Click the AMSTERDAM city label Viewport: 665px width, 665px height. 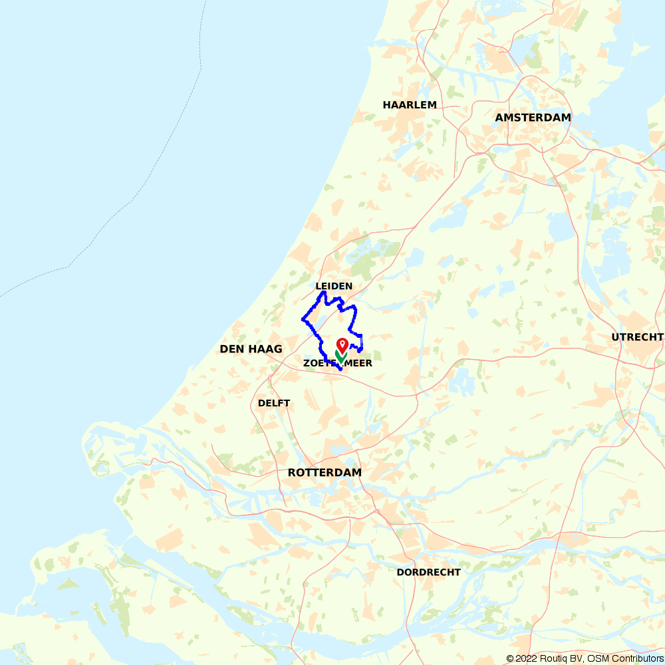click(533, 118)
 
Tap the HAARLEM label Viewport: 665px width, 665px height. click(410, 105)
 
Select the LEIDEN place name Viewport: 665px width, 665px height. click(334, 287)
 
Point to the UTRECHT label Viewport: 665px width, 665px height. click(637, 337)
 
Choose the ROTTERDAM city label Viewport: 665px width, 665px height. click(325, 473)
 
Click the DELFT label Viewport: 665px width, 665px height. click(274, 404)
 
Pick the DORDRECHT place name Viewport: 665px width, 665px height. click(428, 573)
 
